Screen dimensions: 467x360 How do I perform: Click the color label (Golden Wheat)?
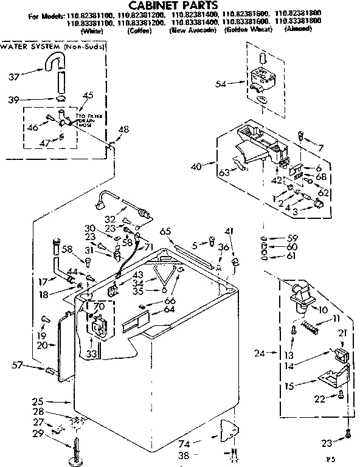243,29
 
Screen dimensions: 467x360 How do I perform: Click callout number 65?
164,231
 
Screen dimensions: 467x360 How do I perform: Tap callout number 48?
123,129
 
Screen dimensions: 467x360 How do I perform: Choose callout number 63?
224,173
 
